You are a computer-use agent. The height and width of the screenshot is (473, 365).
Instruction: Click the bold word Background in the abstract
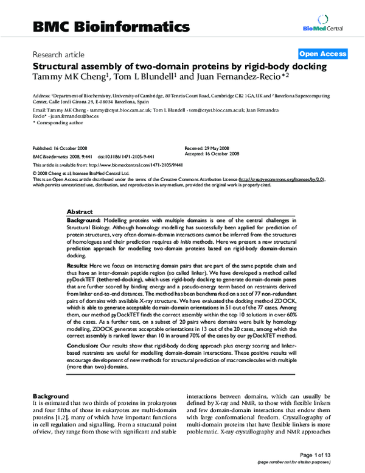83,219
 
